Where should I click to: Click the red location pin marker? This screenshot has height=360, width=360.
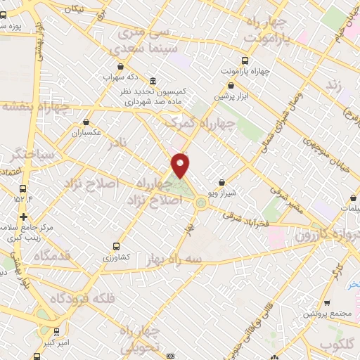[x=181, y=165]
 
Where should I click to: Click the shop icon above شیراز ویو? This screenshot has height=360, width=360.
[x=222, y=182]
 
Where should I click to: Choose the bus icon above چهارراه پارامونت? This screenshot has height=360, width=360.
[x=244, y=61]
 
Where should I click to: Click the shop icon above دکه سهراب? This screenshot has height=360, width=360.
[x=121, y=65]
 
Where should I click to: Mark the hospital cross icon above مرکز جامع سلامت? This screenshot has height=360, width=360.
[x=25, y=217]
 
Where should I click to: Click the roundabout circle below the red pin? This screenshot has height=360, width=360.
[x=201, y=203]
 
